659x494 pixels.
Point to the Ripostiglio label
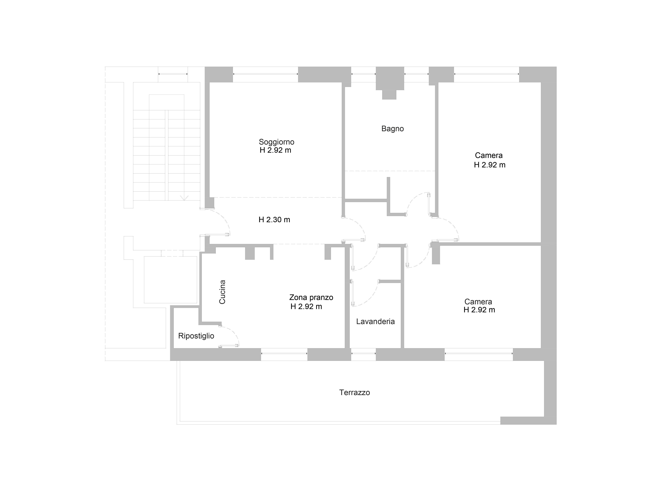click(196, 336)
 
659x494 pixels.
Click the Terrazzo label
click(355, 392)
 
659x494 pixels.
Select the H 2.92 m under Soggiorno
click(275, 150)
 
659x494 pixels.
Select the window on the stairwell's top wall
click(173, 74)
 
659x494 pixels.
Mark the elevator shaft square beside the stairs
click(170, 280)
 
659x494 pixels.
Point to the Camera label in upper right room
click(489, 155)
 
